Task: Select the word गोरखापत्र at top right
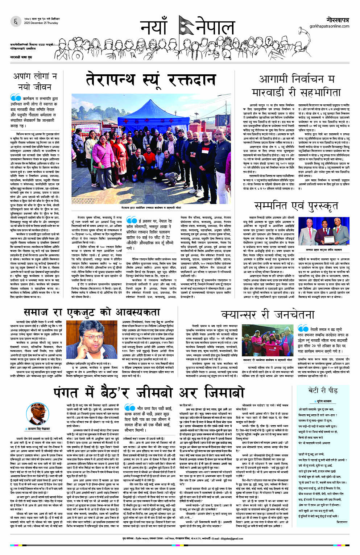pos(337,20)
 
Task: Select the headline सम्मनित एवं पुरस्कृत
pos(296,206)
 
